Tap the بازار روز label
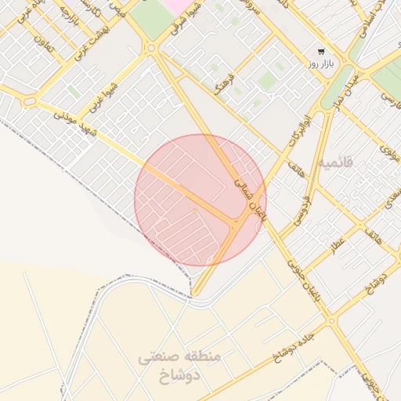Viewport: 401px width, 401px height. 322,64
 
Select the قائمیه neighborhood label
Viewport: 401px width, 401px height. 336,162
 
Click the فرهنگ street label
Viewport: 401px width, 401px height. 226,87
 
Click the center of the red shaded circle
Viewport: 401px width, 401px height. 200,200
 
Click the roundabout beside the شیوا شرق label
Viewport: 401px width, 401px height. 151,49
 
